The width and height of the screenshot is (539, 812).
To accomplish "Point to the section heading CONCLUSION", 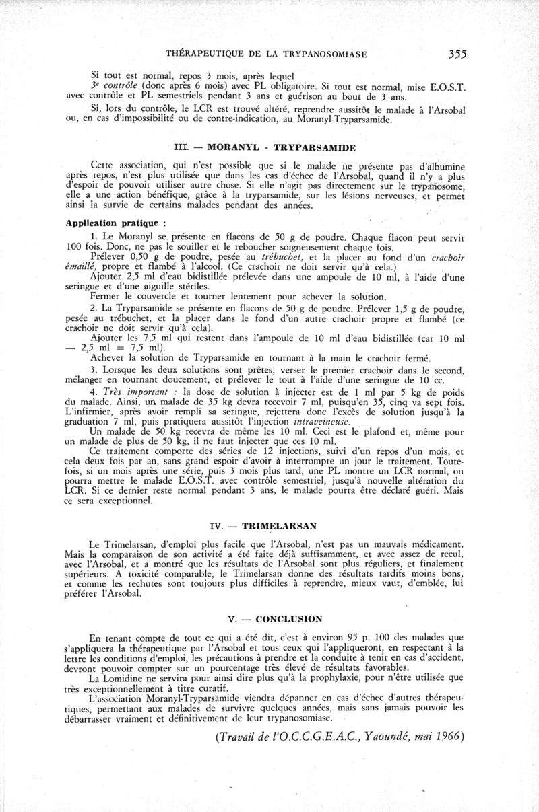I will [x=290, y=618].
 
